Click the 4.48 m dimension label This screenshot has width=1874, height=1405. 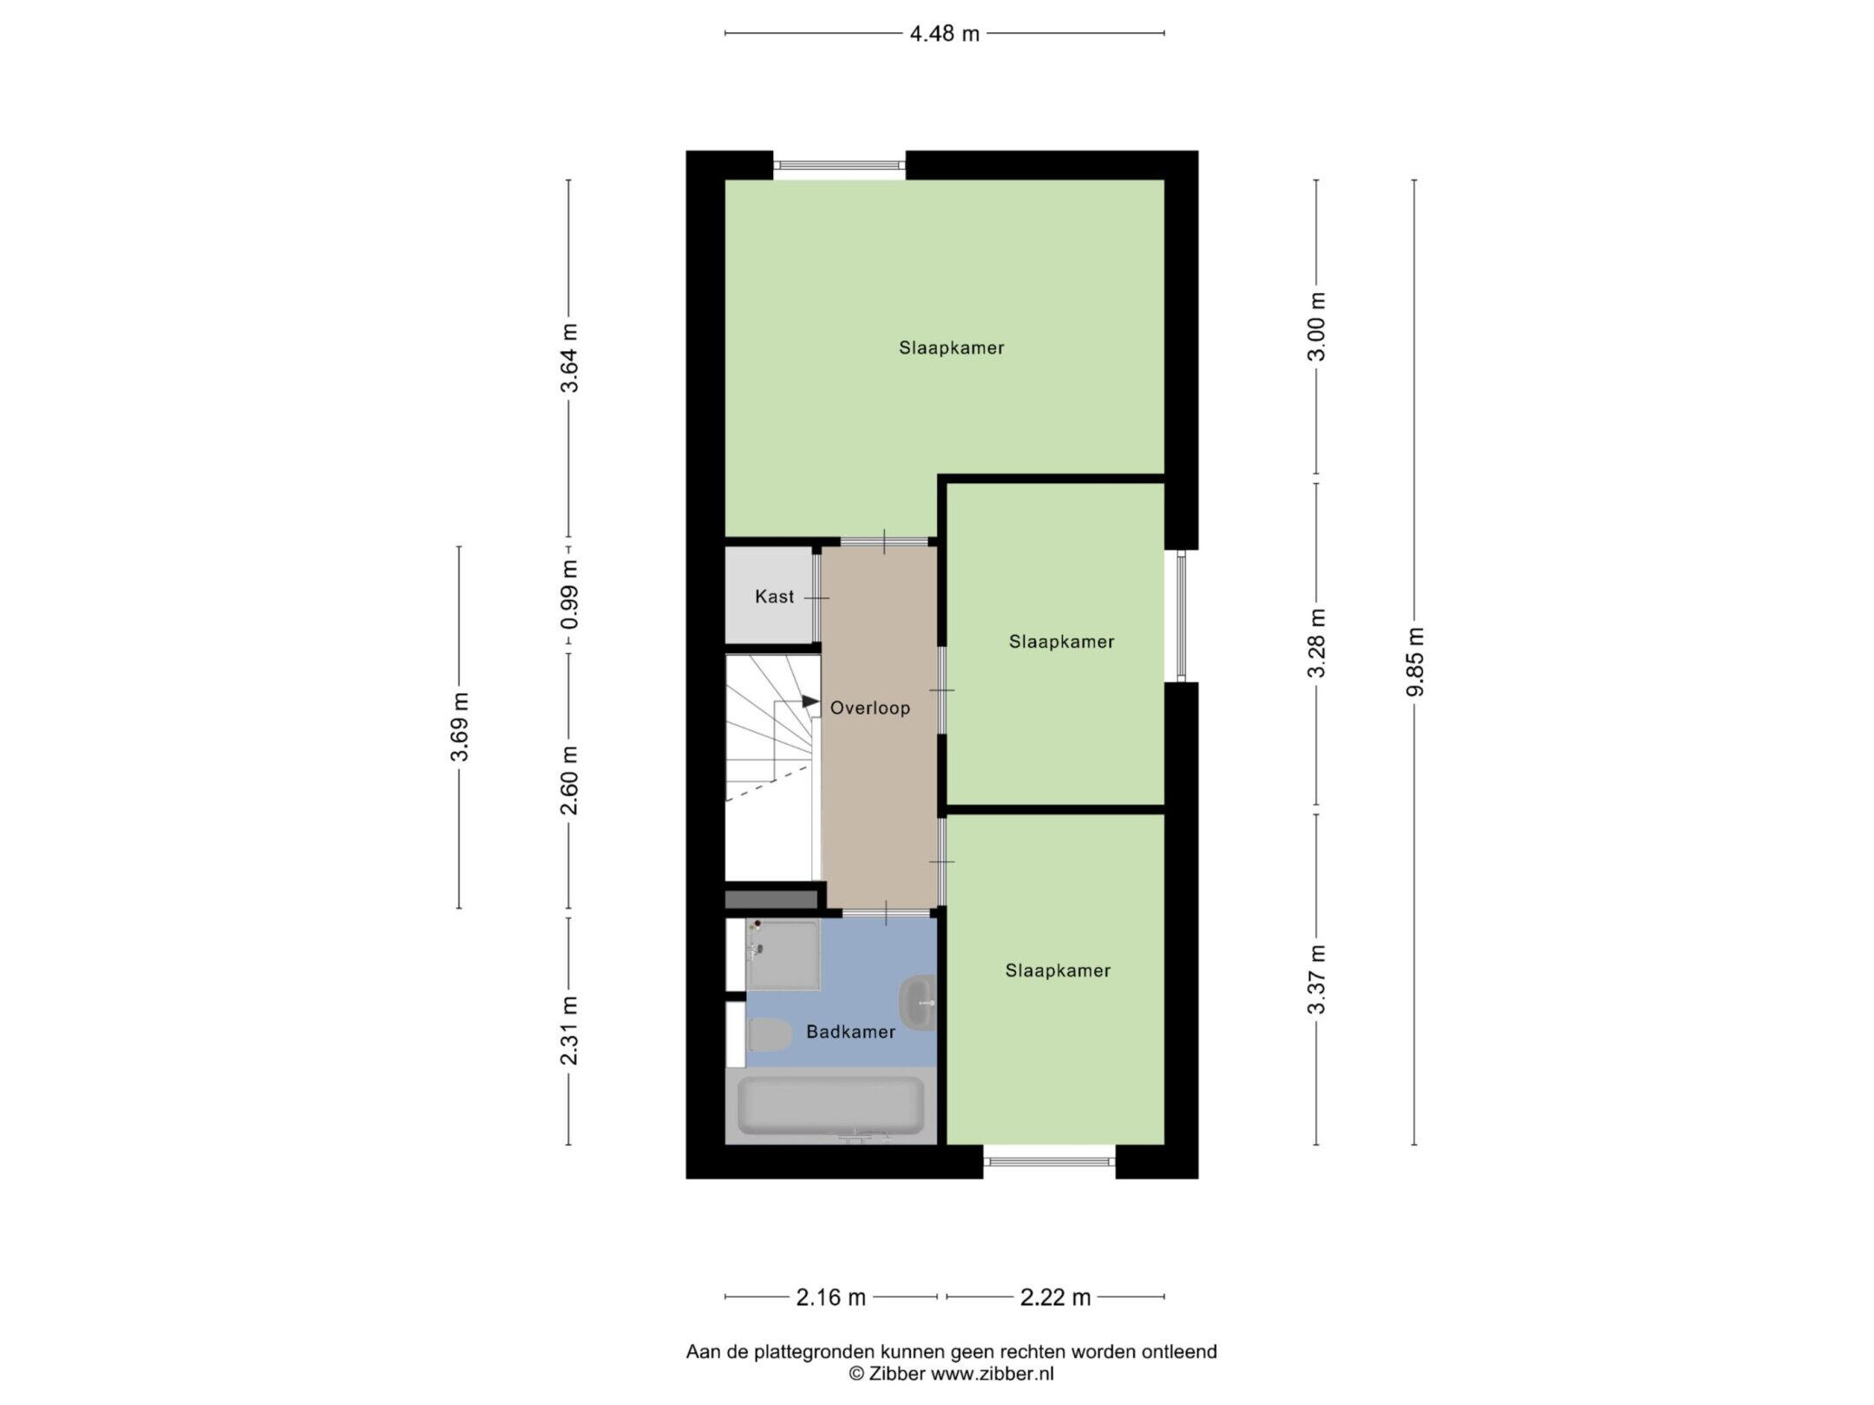click(x=944, y=34)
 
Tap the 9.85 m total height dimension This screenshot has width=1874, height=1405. click(x=1415, y=662)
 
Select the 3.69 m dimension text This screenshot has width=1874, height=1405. click(x=459, y=727)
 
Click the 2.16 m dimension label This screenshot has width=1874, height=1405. click(x=831, y=1322)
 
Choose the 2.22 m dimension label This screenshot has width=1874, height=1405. click(x=1055, y=1322)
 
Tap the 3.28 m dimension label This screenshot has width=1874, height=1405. click(x=1317, y=644)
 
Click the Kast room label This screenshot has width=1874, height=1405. click(x=774, y=597)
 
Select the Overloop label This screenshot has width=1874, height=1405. click(x=870, y=708)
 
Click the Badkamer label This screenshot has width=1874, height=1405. click(x=850, y=1032)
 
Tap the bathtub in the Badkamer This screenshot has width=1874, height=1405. click(x=830, y=1106)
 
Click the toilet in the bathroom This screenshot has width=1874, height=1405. click(x=769, y=1035)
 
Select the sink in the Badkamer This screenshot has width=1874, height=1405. click(x=918, y=1003)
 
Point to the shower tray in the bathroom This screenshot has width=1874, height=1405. click(x=783, y=954)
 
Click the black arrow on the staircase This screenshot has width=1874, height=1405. click(x=810, y=702)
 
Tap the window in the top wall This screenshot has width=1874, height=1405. click(x=839, y=165)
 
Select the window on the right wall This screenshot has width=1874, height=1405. click(x=1180, y=616)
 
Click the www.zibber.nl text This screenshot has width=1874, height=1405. click(x=993, y=1373)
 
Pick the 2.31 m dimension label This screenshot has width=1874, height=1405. click(x=568, y=1030)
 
